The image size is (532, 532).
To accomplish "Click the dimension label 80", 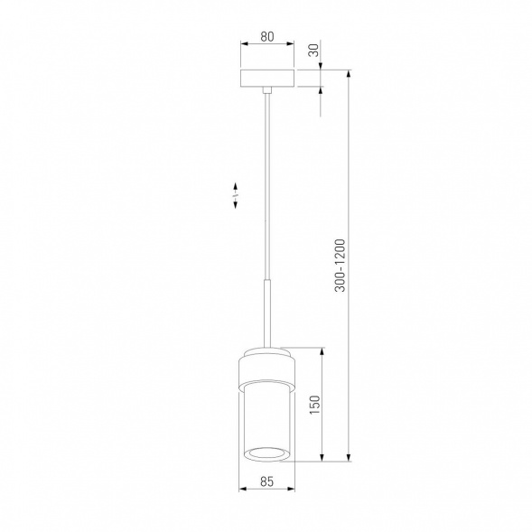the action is click(267, 36).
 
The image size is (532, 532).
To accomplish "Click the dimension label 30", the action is click(314, 51).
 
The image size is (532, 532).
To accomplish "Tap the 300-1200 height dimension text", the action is click(340, 266).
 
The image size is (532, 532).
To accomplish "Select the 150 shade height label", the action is click(314, 405).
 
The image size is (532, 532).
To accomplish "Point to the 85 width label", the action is click(266, 481).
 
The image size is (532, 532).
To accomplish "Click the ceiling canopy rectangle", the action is click(267, 79).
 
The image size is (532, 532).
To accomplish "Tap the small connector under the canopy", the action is click(267, 90).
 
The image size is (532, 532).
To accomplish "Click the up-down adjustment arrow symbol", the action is click(235, 195).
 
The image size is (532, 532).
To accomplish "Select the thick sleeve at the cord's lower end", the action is click(267, 313).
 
